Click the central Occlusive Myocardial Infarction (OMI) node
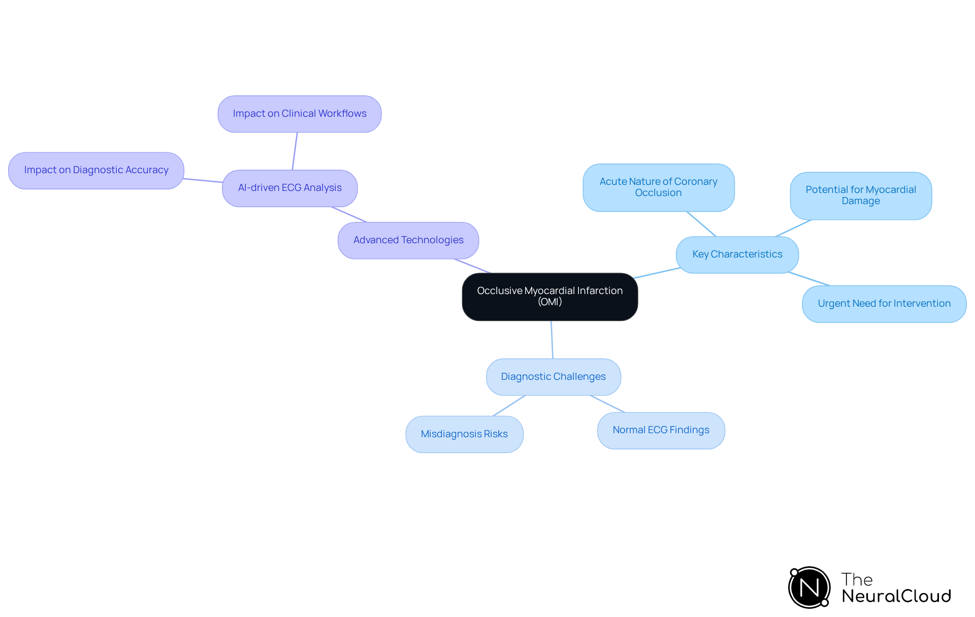(x=549, y=297)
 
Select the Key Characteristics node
(x=737, y=254)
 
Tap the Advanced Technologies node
(x=408, y=240)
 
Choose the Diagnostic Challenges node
(x=553, y=377)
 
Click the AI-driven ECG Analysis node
(x=289, y=188)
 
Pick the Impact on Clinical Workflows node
(x=299, y=114)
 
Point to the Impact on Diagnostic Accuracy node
(x=96, y=170)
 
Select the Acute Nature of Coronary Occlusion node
(x=658, y=187)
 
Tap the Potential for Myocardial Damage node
(x=860, y=196)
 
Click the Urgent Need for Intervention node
(x=884, y=304)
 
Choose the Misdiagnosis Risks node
(x=464, y=434)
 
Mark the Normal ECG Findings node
(x=661, y=430)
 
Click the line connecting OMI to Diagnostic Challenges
(x=552, y=340)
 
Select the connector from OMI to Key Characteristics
(x=657, y=273)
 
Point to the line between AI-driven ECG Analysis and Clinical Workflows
(x=295, y=151)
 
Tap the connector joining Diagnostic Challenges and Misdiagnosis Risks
(x=509, y=406)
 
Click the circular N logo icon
(x=809, y=588)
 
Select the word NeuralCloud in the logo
(x=896, y=596)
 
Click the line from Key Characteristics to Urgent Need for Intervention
(x=809, y=279)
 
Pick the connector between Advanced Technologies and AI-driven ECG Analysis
(x=349, y=214)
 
